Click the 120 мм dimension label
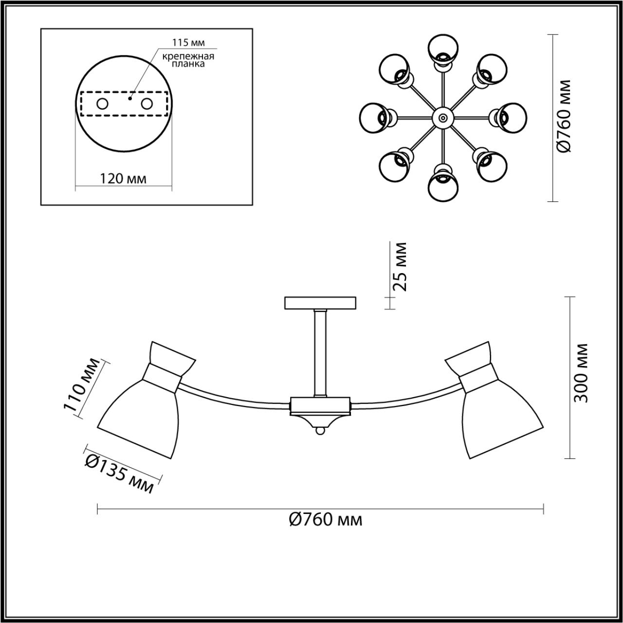pos(123,178)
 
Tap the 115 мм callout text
pos(188,43)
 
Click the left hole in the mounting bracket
pos(103,104)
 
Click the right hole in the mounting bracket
pos(147,104)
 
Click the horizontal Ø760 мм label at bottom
pos(325,520)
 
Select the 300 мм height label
pos(581,373)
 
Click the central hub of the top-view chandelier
pos(442,117)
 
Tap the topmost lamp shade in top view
pos(443,49)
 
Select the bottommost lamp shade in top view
pos(442,185)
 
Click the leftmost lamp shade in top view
pos(375,117)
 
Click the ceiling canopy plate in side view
pos(320,303)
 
